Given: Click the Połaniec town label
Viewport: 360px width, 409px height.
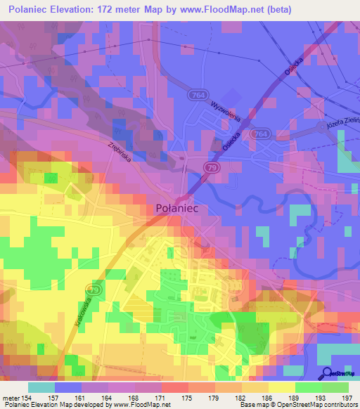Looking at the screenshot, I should tap(180, 209).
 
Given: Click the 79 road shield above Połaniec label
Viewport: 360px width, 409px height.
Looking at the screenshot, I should tap(212, 167).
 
